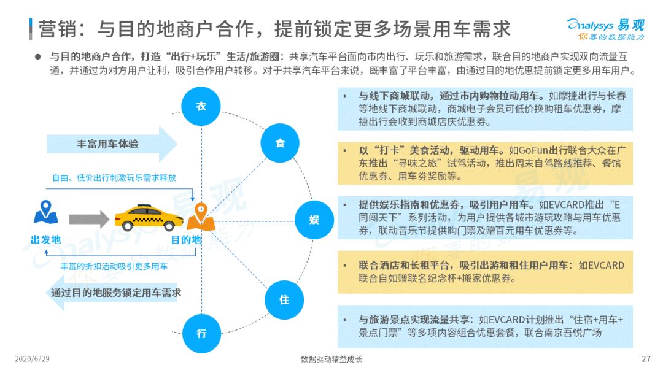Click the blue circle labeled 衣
(x=201, y=106)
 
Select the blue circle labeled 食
(x=280, y=143)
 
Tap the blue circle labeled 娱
(x=314, y=220)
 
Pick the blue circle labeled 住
(x=284, y=300)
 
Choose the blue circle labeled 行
(x=202, y=334)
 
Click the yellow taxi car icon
(x=149, y=218)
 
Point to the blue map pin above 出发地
(x=45, y=212)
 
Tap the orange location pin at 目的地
(x=201, y=217)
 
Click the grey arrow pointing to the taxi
(x=89, y=219)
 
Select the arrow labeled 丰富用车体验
(x=112, y=144)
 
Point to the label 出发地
(x=45, y=240)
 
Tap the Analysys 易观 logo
(x=605, y=29)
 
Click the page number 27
(x=646, y=359)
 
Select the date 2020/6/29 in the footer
(x=32, y=359)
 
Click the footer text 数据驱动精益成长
(x=331, y=359)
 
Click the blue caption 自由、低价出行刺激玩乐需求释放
(x=114, y=178)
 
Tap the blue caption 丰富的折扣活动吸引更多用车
(x=114, y=266)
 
